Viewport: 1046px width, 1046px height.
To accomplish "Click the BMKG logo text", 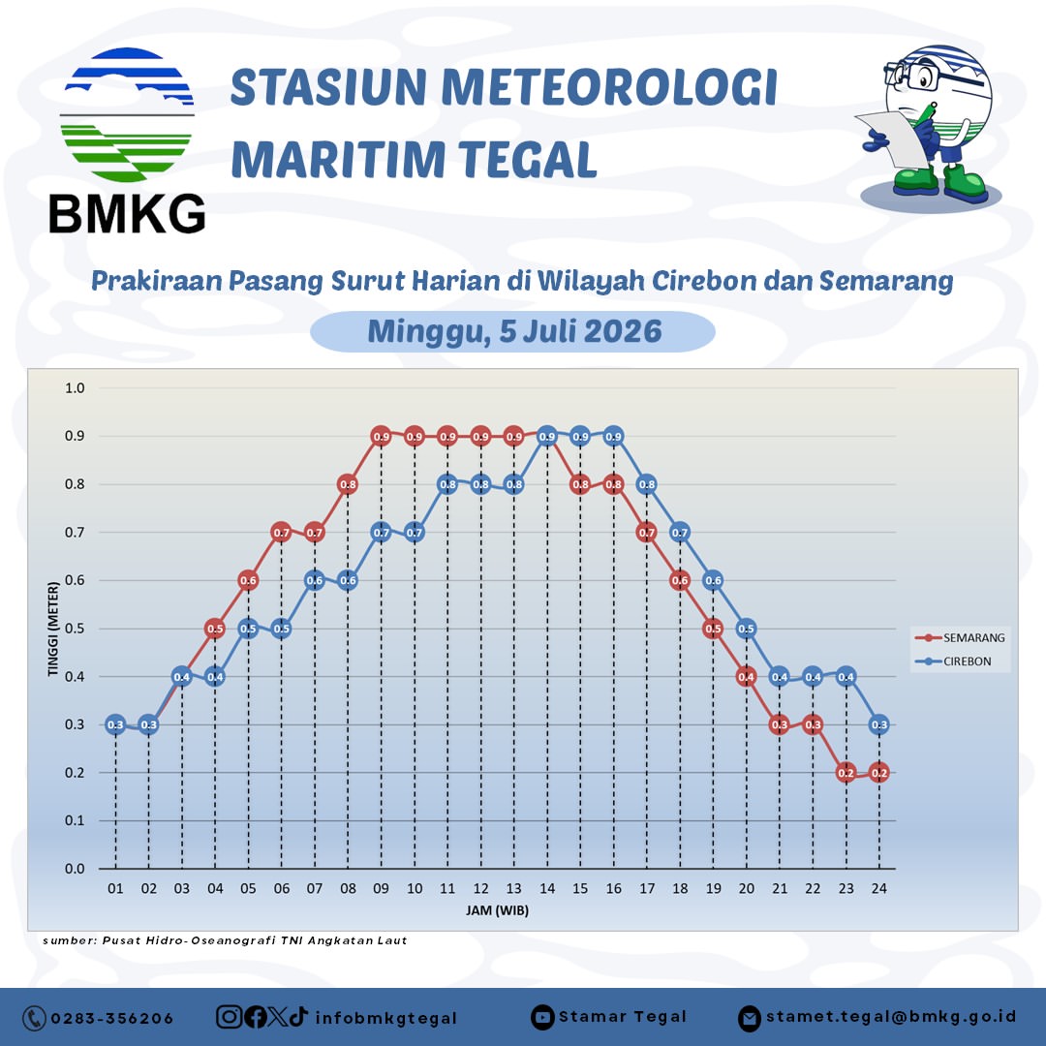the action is pyautogui.click(x=127, y=213).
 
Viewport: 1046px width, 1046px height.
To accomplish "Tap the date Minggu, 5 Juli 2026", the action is pyautogui.click(x=514, y=331).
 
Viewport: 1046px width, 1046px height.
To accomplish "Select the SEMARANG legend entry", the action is pyautogui.click(x=959, y=637).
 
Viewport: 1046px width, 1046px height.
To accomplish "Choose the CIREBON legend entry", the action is pyautogui.click(x=953, y=661).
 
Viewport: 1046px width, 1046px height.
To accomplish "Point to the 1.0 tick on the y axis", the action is pyautogui.click(x=75, y=388).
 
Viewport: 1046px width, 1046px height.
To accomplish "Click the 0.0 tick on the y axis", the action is pyautogui.click(x=75, y=869).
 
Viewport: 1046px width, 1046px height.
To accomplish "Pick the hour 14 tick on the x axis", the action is pyautogui.click(x=547, y=888).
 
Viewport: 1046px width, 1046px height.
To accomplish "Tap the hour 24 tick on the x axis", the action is pyautogui.click(x=879, y=888).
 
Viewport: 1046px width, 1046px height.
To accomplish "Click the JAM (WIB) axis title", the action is pyautogui.click(x=497, y=910).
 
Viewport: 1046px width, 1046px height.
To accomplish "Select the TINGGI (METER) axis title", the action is pyautogui.click(x=53, y=630).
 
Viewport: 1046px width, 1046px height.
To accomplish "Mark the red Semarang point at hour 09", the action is pyautogui.click(x=381, y=437).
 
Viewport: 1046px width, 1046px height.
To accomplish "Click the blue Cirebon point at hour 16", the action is pyautogui.click(x=613, y=437).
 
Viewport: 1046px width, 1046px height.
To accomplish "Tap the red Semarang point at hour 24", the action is pyautogui.click(x=879, y=773).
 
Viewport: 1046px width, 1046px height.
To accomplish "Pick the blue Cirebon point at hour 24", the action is pyautogui.click(x=879, y=724).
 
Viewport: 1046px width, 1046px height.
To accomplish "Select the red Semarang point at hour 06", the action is pyautogui.click(x=282, y=533).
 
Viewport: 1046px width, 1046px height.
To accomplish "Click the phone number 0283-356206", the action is pyautogui.click(x=112, y=1019).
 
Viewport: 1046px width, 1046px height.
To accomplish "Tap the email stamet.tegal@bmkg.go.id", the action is pyautogui.click(x=891, y=1017).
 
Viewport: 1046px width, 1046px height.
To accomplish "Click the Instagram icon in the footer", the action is pyautogui.click(x=229, y=1017).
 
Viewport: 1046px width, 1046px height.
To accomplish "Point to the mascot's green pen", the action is pyautogui.click(x=926, y=113).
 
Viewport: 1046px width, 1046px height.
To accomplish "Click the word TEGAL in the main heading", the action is pyautogui.click(x=527, y=160).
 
